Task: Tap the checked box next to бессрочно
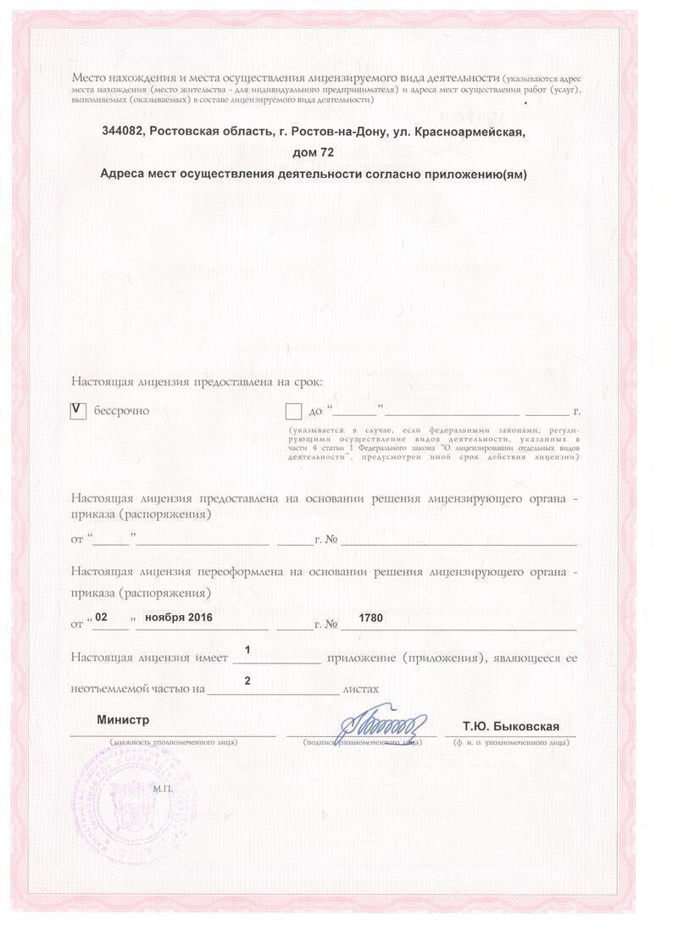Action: [x=79, y=410]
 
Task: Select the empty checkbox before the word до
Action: [x=294, y=412]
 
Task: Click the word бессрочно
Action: [x=121, y=411]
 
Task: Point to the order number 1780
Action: [x=371, y=618]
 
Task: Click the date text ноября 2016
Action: [x=178, y=617]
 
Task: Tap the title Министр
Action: [x=123, y=719]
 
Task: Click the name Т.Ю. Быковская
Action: [x=510, y=727]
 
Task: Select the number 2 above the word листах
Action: [x=247, y=680]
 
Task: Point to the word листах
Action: [x=360, y=690]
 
